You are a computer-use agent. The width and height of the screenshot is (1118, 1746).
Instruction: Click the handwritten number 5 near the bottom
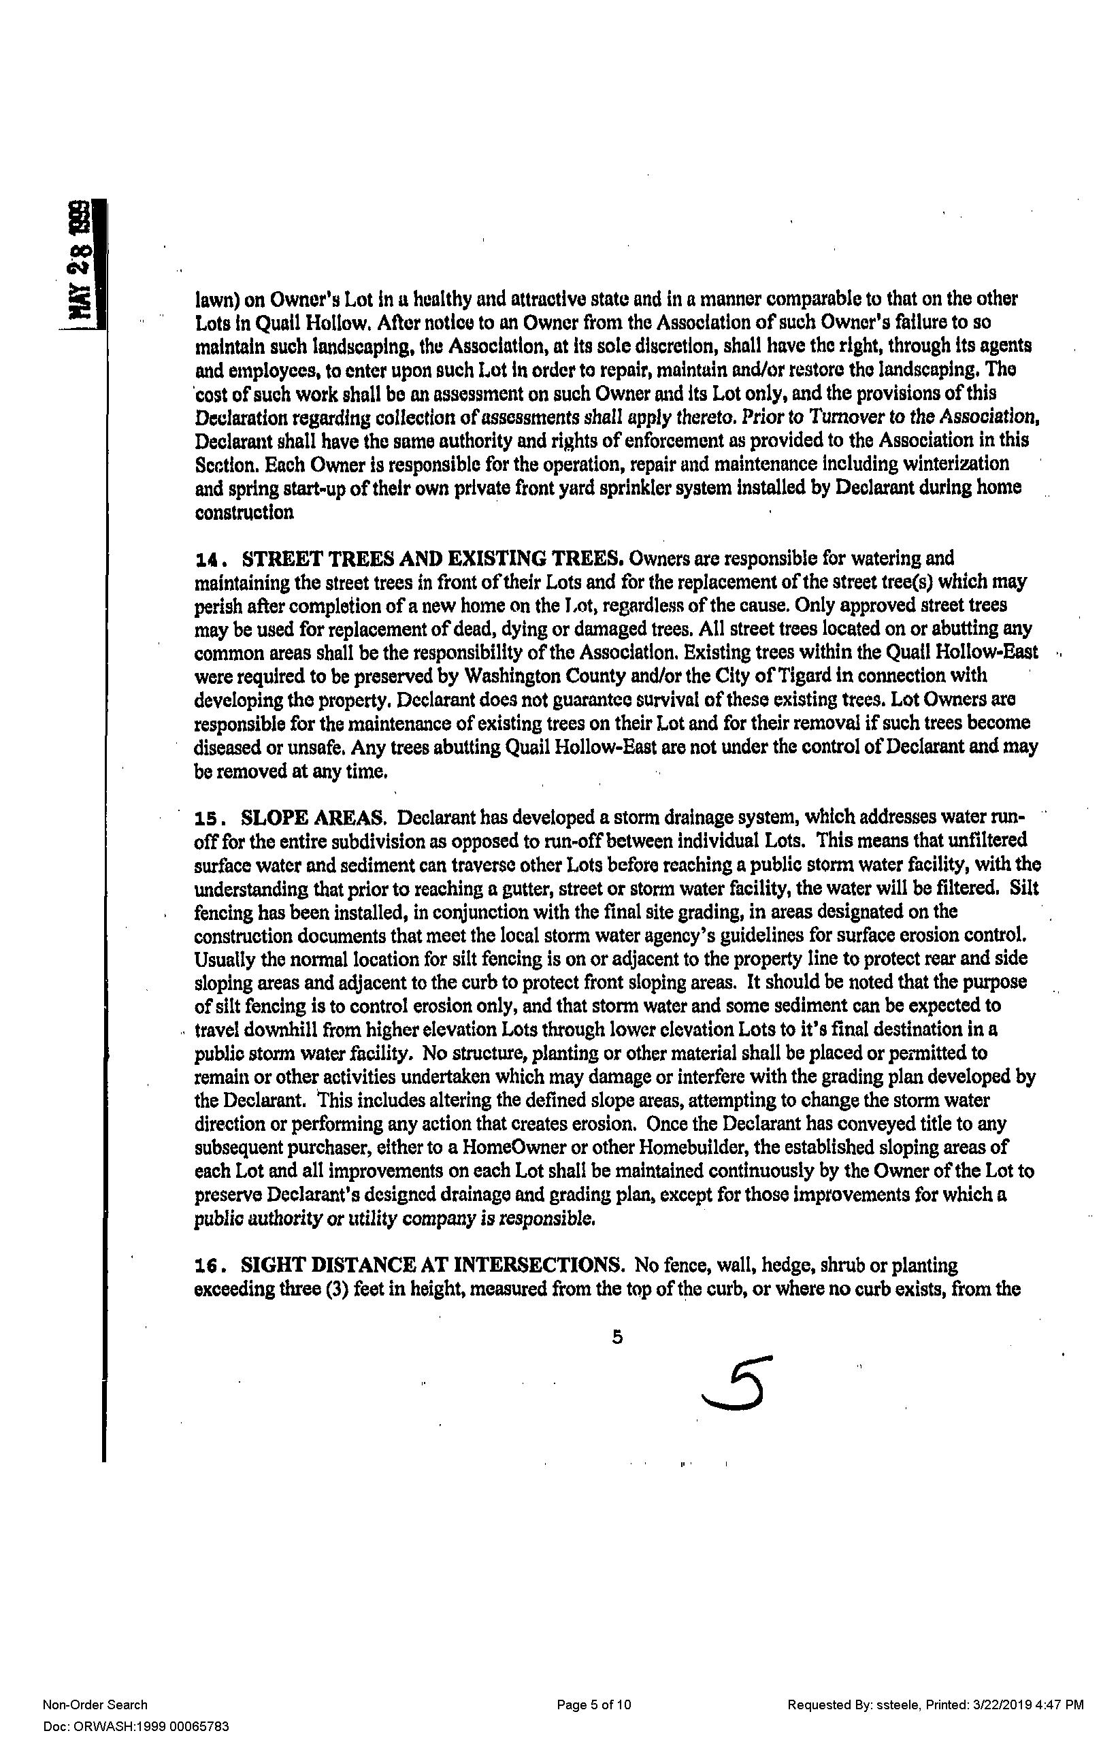736,1385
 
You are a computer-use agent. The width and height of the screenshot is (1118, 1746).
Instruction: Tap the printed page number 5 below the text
617,1337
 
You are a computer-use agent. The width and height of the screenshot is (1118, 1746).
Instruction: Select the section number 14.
210,560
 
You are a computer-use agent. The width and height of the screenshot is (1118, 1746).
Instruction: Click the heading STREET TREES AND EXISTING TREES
433,559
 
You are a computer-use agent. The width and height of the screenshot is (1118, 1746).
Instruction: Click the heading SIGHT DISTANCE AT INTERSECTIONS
433,1266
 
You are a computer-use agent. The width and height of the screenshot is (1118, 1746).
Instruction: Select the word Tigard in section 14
806,676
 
